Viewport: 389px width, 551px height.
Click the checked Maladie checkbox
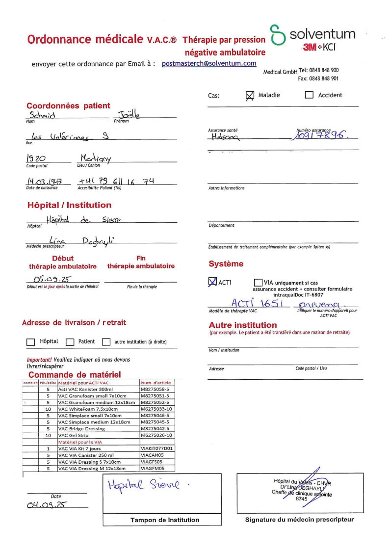250,96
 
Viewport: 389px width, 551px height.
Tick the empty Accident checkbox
309,95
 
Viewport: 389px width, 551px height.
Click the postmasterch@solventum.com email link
209,63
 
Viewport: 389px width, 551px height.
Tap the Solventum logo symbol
278,35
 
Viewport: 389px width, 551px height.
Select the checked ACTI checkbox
212,282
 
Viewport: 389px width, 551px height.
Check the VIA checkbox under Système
258,283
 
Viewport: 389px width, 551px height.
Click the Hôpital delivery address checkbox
31,342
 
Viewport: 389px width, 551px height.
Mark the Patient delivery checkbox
70,342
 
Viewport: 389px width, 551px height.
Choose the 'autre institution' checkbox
106,342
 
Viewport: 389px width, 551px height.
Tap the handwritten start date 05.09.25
51,279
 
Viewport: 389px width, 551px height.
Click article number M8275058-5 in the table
156,389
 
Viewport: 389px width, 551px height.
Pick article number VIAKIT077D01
156,448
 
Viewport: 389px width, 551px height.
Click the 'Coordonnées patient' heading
68,105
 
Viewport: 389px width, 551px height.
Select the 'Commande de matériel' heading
75,375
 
